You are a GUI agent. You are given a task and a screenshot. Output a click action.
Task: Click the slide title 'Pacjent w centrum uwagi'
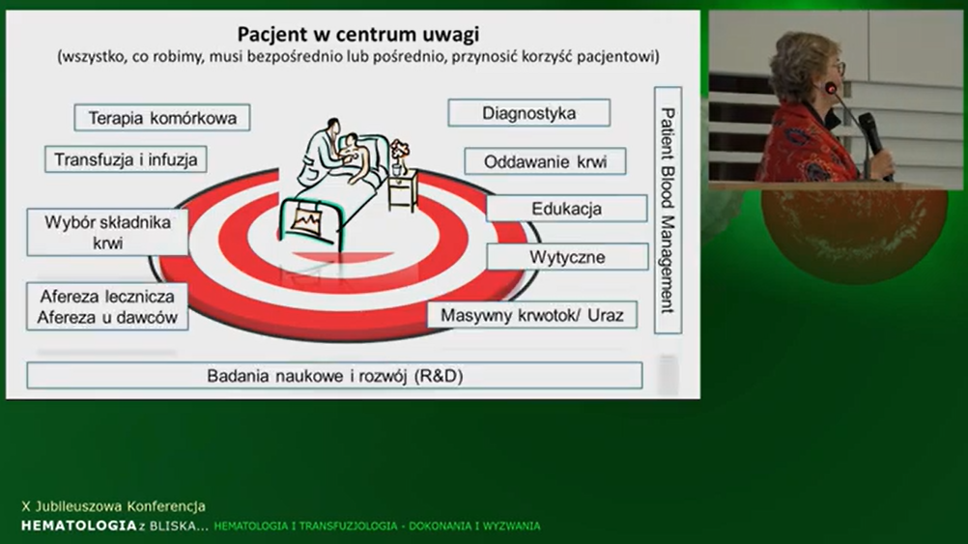pos(358,34)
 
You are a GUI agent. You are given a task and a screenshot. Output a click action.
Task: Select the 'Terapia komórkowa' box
pos(162,117)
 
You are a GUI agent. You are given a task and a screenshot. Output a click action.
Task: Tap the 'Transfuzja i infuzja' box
pos(126,159)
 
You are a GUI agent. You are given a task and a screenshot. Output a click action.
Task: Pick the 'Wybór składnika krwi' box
pos(107,232)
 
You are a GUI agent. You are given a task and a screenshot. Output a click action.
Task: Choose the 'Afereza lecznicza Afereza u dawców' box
pos(107,306)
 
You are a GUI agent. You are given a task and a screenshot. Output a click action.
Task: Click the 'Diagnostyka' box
pos(529,113)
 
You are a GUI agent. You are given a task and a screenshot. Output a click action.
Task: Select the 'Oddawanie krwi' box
pos(545,161)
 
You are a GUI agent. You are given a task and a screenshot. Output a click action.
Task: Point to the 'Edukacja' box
pos(567,209)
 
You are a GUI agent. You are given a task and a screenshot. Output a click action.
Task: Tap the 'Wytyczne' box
pos(567,257)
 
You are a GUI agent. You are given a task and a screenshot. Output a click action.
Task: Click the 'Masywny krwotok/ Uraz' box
pos(532,315)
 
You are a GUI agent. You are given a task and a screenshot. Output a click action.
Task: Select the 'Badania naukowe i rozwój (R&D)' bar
pos(334,376)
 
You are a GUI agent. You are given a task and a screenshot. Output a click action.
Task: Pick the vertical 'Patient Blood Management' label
pos(668,211)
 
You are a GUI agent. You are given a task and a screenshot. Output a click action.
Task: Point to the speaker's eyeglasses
pos(839,68)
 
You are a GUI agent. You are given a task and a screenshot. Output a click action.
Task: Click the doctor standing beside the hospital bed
pos(319,152)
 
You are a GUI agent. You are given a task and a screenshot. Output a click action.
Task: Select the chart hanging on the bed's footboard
pos(307,219)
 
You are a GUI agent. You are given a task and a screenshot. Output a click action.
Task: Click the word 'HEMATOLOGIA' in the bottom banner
pos(79,526)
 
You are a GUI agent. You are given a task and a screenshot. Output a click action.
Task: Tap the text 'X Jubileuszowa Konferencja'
pos(114,506)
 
